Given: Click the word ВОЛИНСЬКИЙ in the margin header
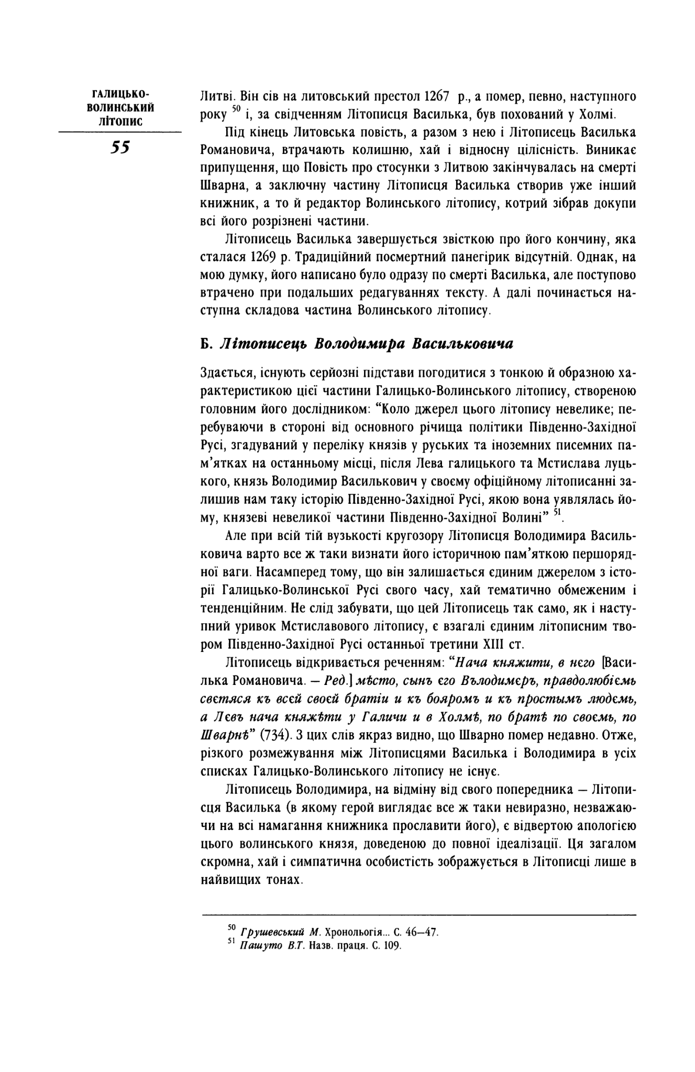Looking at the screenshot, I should pyautogui.click(x=120, y=107).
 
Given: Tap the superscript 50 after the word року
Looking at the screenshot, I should pyautogui.click(x=235, y=108).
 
